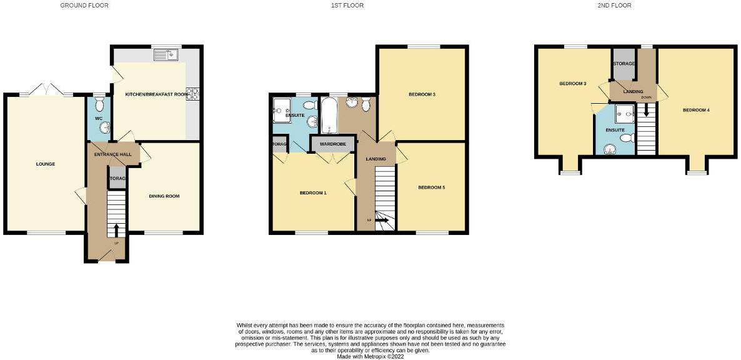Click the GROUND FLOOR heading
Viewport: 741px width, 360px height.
click(84, 6)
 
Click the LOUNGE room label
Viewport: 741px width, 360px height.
click(45, 164)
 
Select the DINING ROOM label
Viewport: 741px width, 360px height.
click(164, 196)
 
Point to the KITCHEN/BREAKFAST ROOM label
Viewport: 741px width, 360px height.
click(157, 94)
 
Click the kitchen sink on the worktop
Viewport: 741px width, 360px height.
click(167, 55)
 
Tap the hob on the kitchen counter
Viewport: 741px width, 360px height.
click(194, 94)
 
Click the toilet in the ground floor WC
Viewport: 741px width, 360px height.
click(99, 102)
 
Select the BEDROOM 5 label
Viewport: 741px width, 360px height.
click(431, 187)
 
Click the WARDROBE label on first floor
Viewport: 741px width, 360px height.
click(332, 144)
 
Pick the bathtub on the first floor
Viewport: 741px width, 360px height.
click(329, 116)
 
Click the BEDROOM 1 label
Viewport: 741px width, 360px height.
click(313, 193)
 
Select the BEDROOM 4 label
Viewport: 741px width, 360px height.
click(695, 111)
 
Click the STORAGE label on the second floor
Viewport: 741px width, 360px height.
click(624, 64)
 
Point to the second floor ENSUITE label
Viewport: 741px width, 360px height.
click(614, 130)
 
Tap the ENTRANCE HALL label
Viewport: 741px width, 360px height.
click(111, 154)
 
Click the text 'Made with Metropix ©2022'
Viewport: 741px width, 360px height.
click(370, 356)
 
